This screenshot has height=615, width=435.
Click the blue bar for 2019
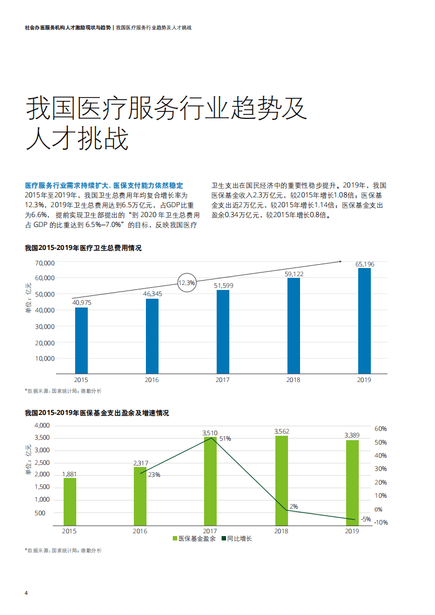pos(364,321)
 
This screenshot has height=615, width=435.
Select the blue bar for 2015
pos(81,340)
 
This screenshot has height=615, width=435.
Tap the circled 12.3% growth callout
pos(187,283)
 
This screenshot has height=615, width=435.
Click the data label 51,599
pos(223,285)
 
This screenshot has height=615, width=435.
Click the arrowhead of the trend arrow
pos(340,261)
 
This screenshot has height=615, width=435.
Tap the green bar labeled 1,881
pos(70,502)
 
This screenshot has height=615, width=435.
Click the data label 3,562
pos(281,431)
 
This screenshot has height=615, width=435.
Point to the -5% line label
pos(366,519)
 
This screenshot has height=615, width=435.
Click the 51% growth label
pos(225,439)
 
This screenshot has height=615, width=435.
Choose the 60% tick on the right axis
pos(381,429)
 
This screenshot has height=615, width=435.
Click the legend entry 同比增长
pos(236,539)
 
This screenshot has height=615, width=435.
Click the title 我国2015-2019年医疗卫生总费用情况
pos(83,248)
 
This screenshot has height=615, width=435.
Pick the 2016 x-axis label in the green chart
pos(140,531)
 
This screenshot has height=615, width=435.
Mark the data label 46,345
pos(152,294)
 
